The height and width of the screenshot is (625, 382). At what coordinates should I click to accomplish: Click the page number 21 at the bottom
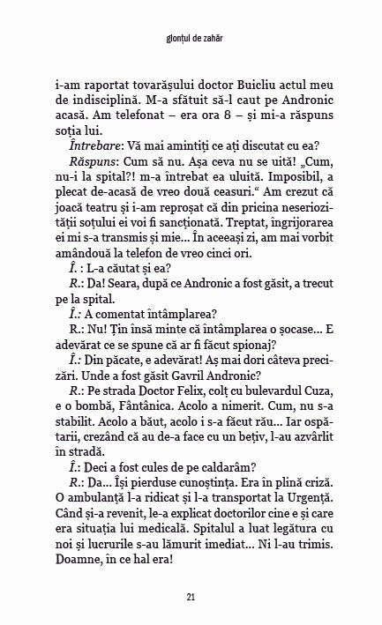click(191, 599)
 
